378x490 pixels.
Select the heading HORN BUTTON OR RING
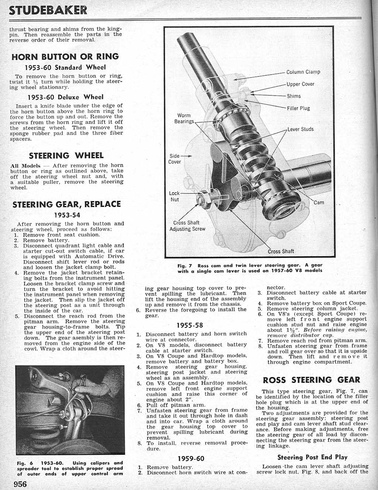pos(65,57)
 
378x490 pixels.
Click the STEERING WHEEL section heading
pos(66,155)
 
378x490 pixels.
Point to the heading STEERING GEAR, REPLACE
pos(67,204)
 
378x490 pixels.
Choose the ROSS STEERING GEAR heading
pos(311,380)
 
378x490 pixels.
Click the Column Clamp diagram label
pos(303,72)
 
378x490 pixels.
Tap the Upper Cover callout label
pos(300,84)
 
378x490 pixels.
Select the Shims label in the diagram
pos(294,96)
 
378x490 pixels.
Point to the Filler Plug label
pos(298,108)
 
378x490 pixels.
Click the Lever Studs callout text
pos(300,129)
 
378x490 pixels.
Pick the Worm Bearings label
pos(184,119)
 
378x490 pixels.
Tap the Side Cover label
pos(175,159)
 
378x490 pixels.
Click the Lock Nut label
pos(174,196)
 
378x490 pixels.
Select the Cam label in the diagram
pos(319,202)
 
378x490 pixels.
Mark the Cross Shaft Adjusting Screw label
pos(187,226)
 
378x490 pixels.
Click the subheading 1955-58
pos(190,326)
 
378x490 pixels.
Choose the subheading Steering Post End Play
pos(312,457)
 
